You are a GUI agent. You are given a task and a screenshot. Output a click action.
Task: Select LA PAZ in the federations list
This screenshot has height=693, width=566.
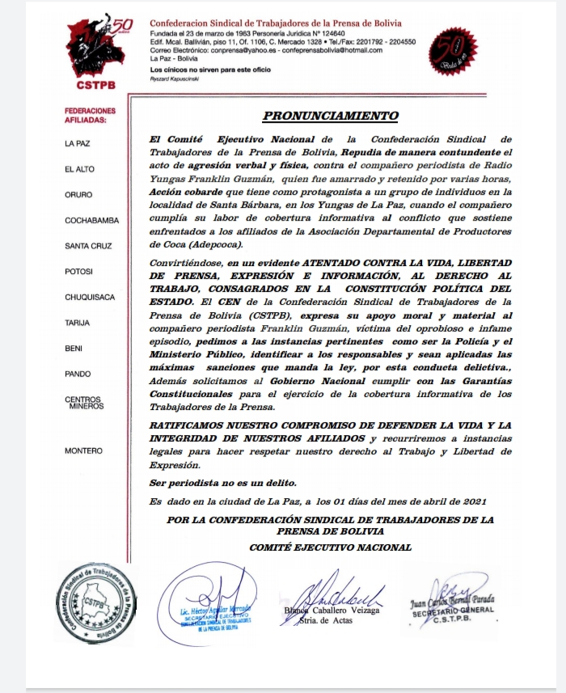click(78, 144)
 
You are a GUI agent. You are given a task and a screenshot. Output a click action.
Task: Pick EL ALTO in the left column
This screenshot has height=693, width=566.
click(79, 170)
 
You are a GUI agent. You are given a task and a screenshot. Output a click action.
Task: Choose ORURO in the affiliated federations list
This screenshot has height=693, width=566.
click(78, 195)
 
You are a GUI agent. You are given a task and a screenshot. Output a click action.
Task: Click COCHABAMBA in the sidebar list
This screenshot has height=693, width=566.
click(91, 221)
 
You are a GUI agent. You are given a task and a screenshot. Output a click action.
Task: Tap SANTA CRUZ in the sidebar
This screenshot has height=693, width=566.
click(89, 246)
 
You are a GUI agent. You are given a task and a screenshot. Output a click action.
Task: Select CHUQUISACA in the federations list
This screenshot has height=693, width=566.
click(90, 298)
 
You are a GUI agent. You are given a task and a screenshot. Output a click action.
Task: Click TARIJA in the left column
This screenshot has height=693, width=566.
click(78, 323)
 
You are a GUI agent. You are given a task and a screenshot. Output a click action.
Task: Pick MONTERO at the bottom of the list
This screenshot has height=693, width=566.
click(83, 450)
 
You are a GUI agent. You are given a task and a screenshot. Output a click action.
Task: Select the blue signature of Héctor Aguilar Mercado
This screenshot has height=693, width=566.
click(212, 594)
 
